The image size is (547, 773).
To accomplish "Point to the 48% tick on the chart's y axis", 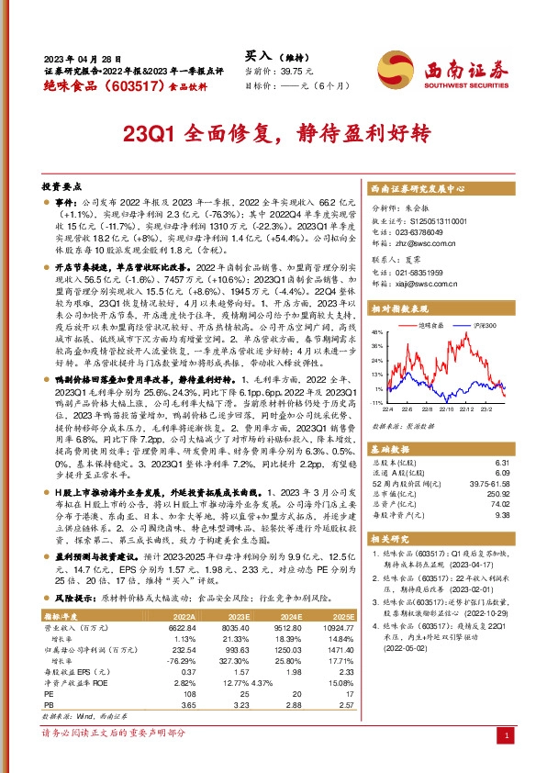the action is click(376, 331).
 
